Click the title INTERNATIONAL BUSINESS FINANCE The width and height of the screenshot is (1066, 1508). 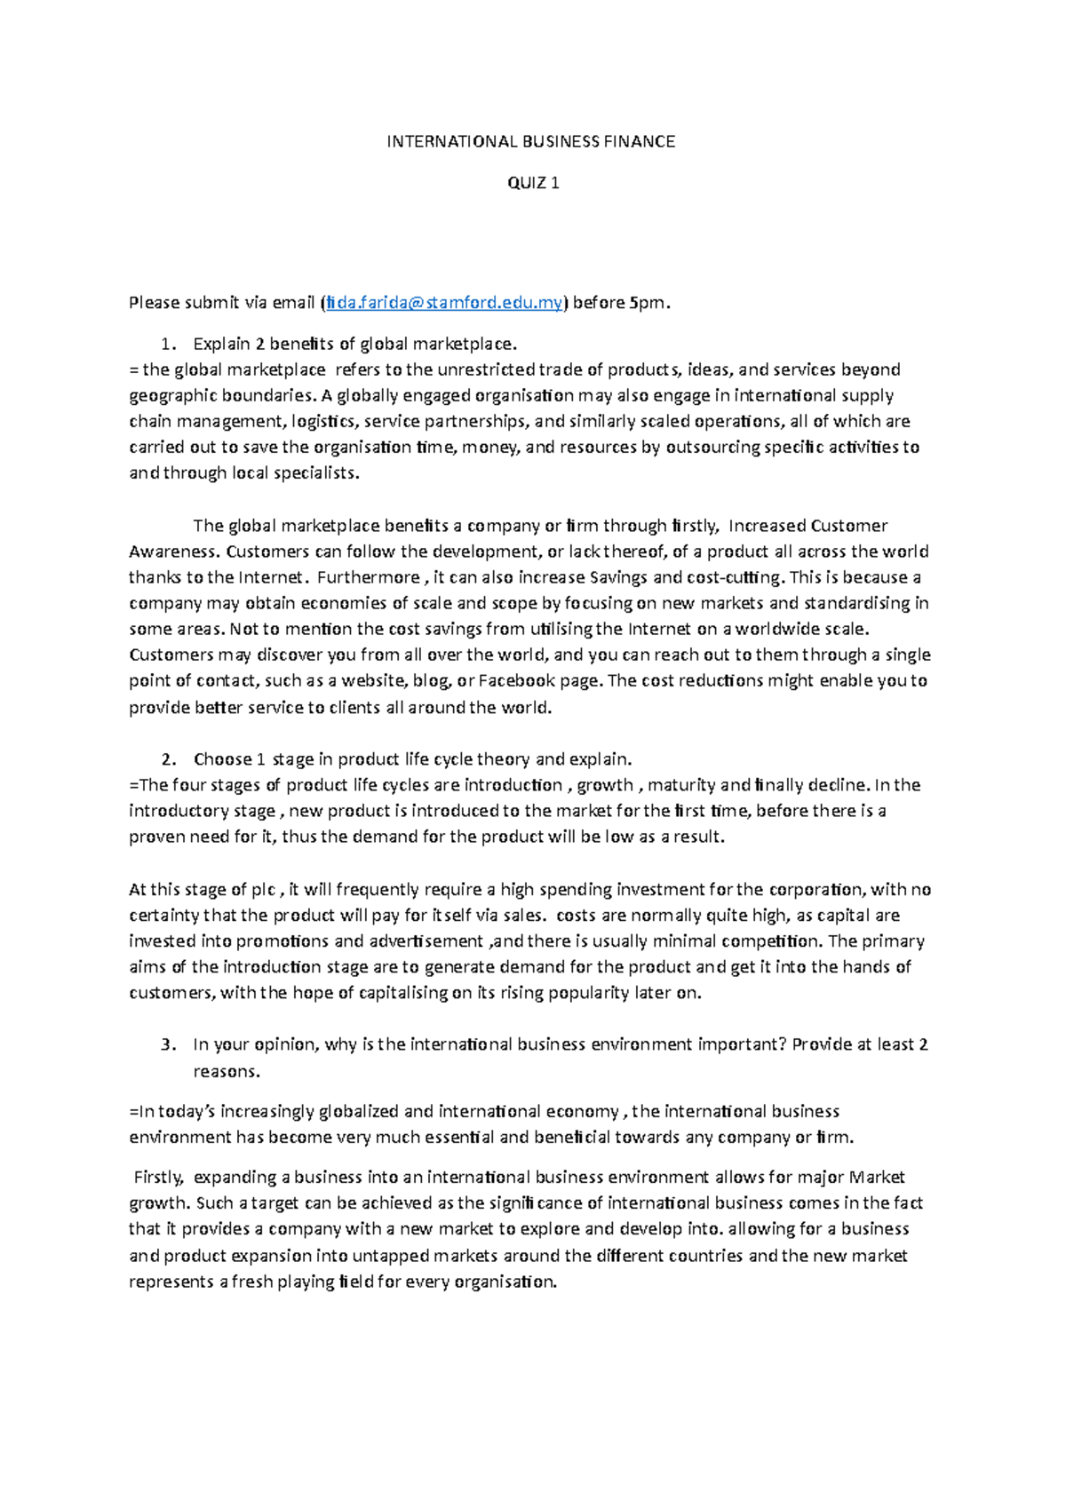pos(531,141)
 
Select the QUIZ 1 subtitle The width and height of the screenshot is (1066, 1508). pos(533,183)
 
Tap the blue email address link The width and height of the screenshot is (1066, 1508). pos(444,303)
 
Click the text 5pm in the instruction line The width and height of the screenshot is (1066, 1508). pos(647,303)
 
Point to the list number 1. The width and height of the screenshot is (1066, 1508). pos(168,344)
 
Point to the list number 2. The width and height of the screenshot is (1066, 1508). pos(168,759)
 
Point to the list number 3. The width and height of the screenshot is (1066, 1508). pos(168,1044)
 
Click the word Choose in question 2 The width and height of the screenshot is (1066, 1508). pos(222,759)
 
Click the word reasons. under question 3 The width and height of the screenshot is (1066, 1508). pos(227,1071)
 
